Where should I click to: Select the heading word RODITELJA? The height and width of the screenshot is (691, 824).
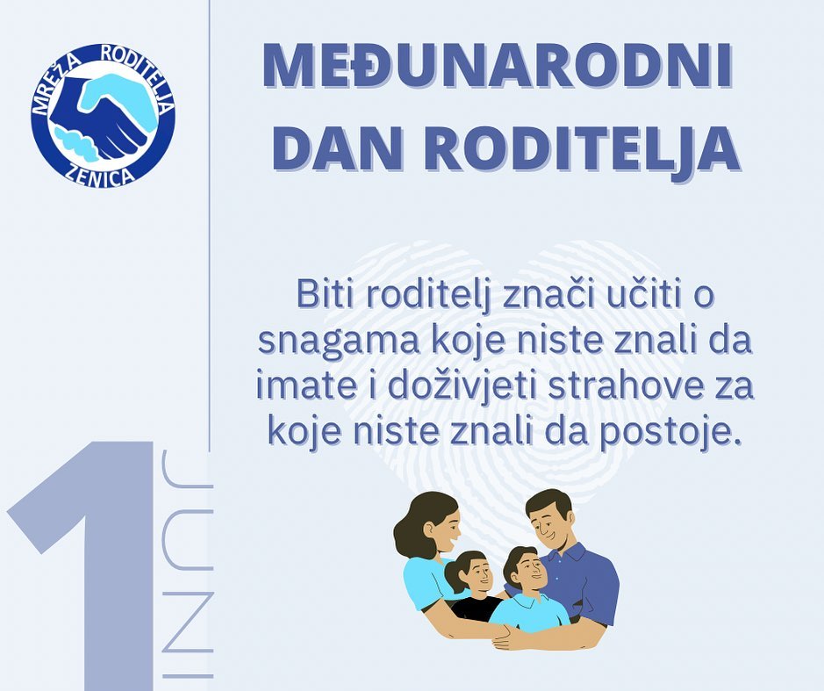coord(584,148)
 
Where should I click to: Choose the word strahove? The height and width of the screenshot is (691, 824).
coord(621,387)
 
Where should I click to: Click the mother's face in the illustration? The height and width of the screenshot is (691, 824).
coord(443,526)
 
